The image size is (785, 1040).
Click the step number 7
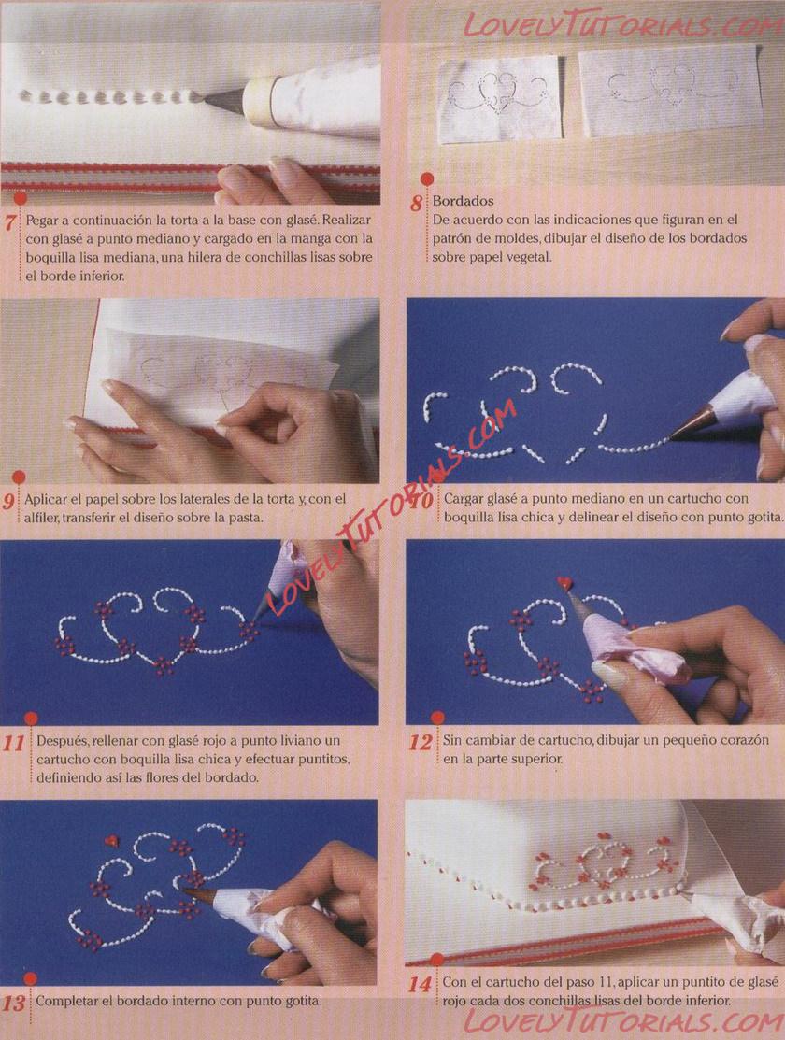tap(10, 221)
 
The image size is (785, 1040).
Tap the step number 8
tap(417, 202)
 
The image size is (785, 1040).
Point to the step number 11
tap(14, 743)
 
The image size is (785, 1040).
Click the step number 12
tap(420, 742)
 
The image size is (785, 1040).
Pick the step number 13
tap(14, 1003)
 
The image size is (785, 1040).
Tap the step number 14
tap(420, 984)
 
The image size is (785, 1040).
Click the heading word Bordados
tap(464, 200)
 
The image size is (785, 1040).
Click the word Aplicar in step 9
tap(45, 499)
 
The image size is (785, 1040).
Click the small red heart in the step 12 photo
tap(564, 583)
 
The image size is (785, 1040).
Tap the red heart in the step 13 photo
tap(111, 841)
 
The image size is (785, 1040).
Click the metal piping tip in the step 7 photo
tap(223, 99)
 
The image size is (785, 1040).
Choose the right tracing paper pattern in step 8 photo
tap(669, 90)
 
